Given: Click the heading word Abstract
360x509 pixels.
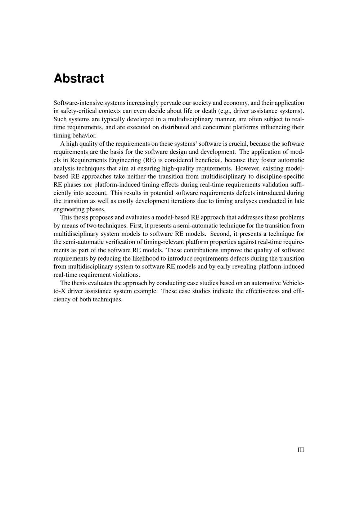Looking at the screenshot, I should coord(79,78).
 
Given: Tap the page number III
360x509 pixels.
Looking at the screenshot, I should coord(301,450).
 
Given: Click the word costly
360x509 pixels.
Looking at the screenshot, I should coord(126,201).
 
